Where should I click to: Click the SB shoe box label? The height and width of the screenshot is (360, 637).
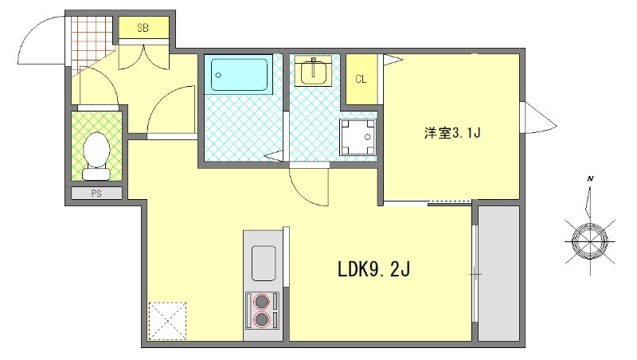[143, 28]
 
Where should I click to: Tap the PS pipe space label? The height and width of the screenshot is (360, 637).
[96, 193]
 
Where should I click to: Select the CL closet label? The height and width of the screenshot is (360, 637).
[361, 79]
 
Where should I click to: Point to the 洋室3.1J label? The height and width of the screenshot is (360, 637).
[452, 133]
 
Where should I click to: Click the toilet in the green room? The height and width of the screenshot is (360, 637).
[97, 153]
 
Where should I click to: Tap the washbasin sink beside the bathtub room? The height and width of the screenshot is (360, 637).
[315, 72]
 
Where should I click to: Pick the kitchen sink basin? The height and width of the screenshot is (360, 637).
[264, 261]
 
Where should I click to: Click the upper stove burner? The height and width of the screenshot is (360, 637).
[262, 301]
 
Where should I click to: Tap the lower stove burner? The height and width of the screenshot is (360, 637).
[262, 320]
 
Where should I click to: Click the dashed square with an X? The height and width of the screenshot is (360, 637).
[167, 321]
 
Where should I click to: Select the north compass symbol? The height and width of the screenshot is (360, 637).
[591, 237]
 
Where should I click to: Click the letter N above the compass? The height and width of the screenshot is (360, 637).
[590, 179]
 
